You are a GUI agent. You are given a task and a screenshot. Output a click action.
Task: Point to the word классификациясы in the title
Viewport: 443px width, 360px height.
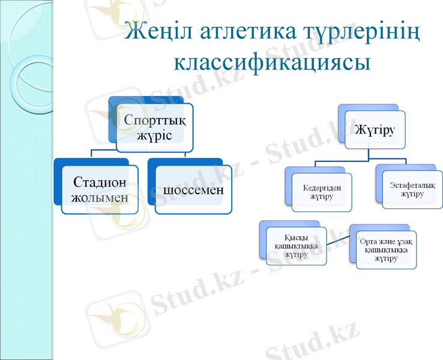coord(272,62)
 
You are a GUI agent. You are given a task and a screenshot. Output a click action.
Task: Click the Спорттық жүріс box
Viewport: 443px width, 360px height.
coord(155,127)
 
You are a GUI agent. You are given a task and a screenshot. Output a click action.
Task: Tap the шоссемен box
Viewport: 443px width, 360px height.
coord(193,189)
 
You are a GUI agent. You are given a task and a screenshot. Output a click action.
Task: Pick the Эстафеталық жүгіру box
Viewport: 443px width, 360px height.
coord(412,190)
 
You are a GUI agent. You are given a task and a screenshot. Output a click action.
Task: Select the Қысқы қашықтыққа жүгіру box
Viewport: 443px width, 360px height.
coord(296,246)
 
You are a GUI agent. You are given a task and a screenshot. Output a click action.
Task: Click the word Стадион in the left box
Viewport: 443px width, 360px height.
coord(100,182)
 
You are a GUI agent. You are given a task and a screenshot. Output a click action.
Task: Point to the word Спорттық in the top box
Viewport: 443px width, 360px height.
coord(155,119)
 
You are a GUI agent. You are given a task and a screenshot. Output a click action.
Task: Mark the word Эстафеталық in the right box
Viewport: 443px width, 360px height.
coord(412,185)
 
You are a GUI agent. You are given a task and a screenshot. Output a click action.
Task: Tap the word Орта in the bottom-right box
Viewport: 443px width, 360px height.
coord(370,241)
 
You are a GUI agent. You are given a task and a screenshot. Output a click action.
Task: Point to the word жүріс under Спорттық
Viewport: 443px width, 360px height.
coord(155,135)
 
